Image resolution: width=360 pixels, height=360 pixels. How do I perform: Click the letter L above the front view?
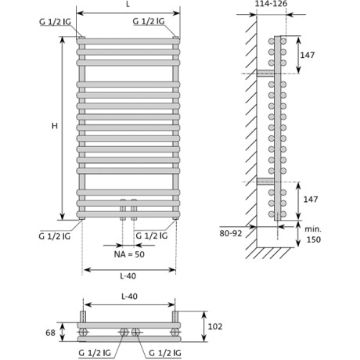128,5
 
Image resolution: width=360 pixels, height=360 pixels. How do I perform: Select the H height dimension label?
55,126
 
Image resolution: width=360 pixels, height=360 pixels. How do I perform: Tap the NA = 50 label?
129,254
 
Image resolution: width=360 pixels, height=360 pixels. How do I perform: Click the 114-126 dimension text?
271,4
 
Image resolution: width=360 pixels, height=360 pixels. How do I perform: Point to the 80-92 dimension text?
231,233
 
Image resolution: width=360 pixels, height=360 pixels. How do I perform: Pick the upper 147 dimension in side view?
308,55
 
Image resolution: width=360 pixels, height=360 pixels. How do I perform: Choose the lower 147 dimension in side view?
311,200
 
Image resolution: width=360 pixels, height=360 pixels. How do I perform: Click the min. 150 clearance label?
313,234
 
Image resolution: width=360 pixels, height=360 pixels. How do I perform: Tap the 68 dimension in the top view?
50,333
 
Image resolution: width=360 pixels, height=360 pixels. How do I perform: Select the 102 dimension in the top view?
215,326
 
